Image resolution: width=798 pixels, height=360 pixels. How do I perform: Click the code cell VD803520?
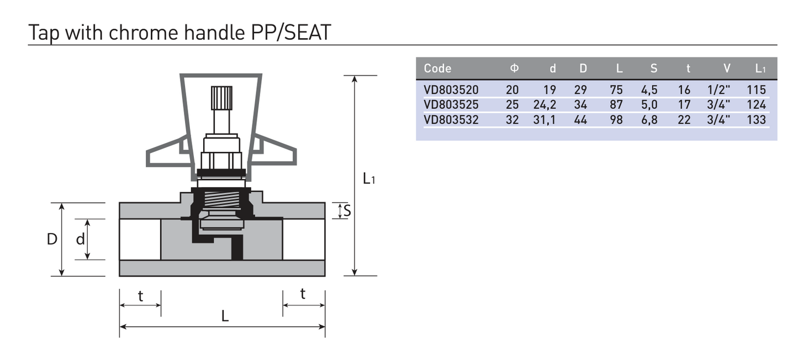(451, 90)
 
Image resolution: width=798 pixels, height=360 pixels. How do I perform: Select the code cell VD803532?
(451, 120)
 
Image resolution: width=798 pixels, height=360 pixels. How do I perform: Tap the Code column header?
(437, 68)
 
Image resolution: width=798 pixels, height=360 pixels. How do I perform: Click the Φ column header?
(514, 68)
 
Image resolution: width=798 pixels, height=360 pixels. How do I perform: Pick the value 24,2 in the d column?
(545, 105)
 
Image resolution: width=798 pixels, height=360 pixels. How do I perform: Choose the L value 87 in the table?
(616, 105)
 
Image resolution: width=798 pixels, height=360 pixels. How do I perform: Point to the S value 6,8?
(649, 120)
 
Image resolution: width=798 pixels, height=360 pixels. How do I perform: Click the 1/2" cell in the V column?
(718, 89)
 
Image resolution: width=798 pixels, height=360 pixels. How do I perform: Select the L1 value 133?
(757, 120)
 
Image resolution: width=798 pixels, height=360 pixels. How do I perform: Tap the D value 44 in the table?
(580, 120)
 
